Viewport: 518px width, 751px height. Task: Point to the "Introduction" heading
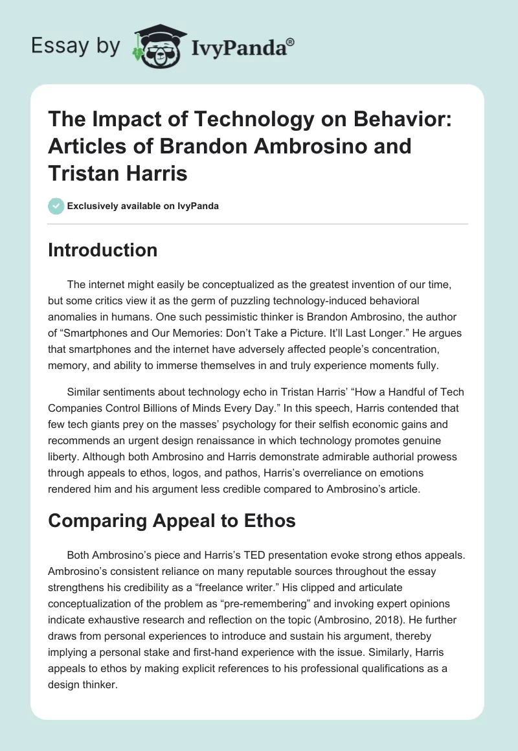(x=102, y=250)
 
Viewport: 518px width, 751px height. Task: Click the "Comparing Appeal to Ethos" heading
(x=172, y=520)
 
